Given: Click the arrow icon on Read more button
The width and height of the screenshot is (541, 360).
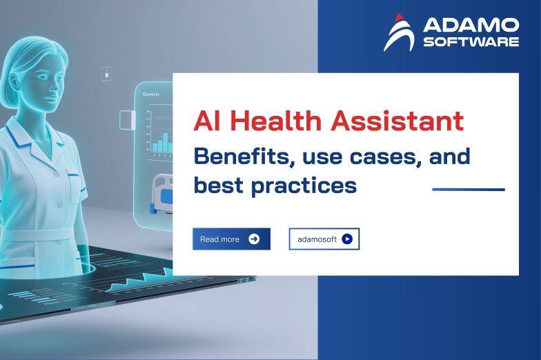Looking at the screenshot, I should coord(254,239).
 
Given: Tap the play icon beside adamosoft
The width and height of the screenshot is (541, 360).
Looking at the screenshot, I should coord(347,239).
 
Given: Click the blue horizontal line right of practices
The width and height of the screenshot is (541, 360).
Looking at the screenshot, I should coord(468,189).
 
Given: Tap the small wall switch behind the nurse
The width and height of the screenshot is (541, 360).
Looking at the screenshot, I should coord(107,72).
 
